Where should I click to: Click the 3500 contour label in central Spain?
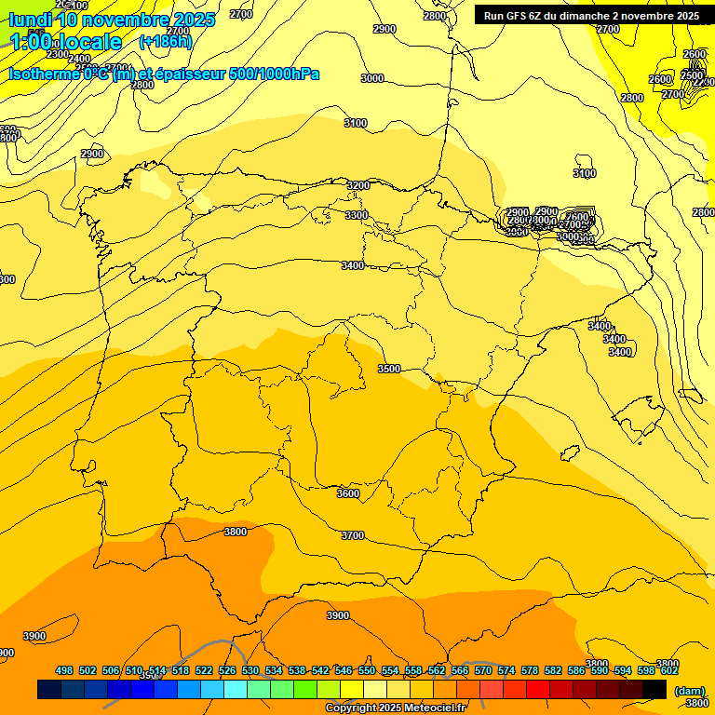click(389, 369)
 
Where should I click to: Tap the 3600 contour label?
click(347, 493)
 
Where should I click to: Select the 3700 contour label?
click(353, 535)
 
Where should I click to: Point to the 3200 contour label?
click(357, 185)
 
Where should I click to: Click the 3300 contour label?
click(356, 215)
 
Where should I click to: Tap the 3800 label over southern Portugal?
click(236, 532)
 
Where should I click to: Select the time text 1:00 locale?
click(66, 42)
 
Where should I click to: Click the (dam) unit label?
click(689, 690)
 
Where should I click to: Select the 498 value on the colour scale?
click(64, 670)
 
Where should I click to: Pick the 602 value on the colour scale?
click(669, 670)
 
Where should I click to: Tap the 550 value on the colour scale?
click(367, 670)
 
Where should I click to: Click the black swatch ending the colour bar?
click(654, 689)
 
